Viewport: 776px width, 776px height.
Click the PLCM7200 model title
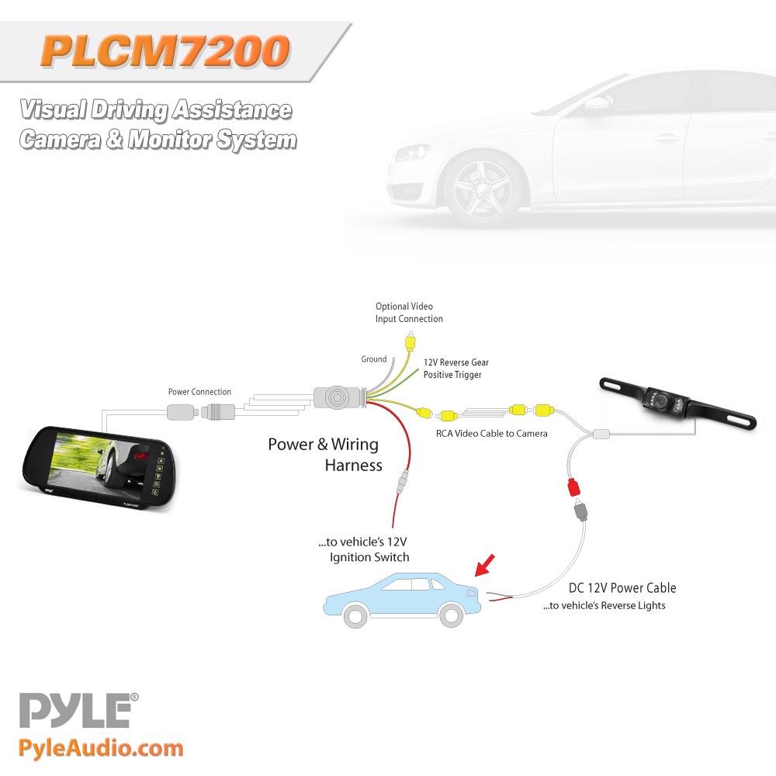click(x=165, y=51)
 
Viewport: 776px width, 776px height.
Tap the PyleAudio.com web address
click(x=101, y=747)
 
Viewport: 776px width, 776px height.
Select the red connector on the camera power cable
click(x=574, y=487)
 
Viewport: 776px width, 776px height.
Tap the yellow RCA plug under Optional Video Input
click(x=411, y=342)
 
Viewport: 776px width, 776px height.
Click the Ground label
click(x=374, y=359)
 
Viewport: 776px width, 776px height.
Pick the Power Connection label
click(x=199, y=391)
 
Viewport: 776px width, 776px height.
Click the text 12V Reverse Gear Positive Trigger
click(x=456, y=368)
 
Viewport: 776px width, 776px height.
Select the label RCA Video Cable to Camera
click(x=491, y=433)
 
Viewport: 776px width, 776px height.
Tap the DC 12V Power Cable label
click(x=622, y=587)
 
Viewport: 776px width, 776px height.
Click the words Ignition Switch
click(x=369, y=557)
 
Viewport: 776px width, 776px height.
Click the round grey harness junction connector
click(x=337, y=397)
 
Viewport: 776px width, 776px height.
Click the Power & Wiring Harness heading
click(x=324, y=454)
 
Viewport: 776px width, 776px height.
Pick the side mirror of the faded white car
click(x=597, y=105)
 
